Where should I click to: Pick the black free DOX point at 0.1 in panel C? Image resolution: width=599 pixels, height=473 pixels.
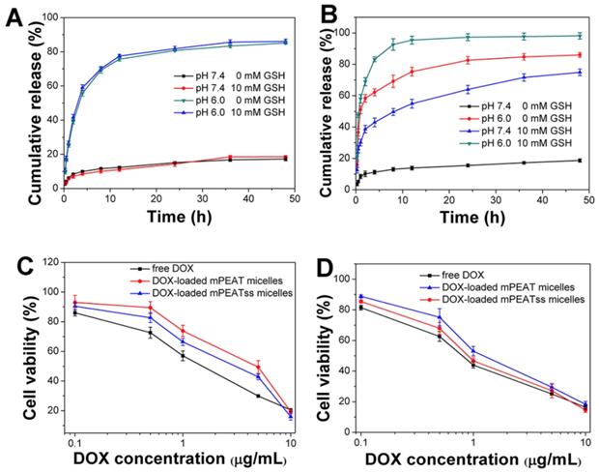[74, 312]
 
